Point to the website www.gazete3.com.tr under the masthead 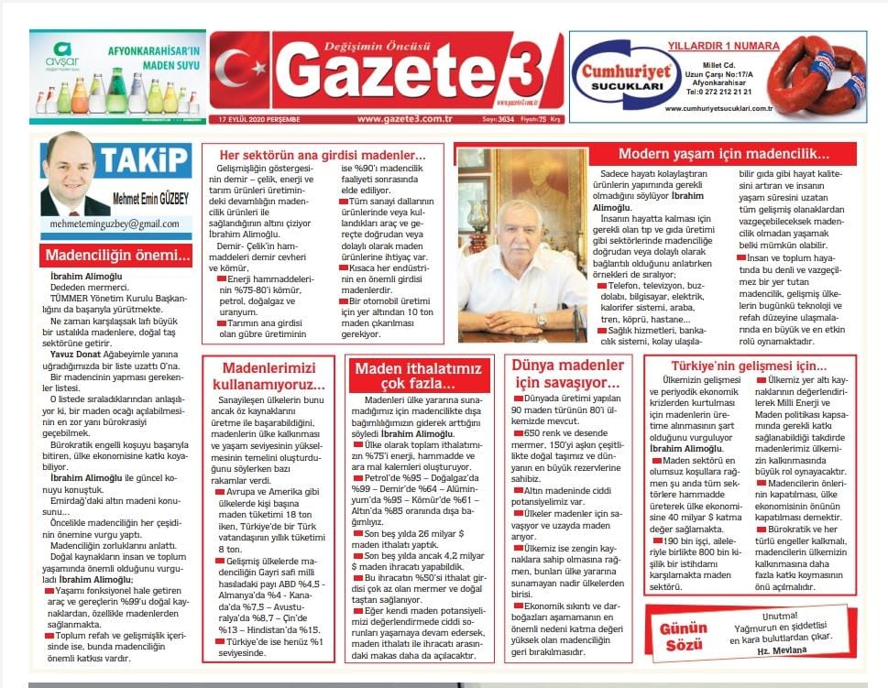[x=406, y=118]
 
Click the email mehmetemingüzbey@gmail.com [x=115, y=224]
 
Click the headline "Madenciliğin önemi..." [x=115, y=257]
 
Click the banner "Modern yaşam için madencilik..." [x=723, y=154]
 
